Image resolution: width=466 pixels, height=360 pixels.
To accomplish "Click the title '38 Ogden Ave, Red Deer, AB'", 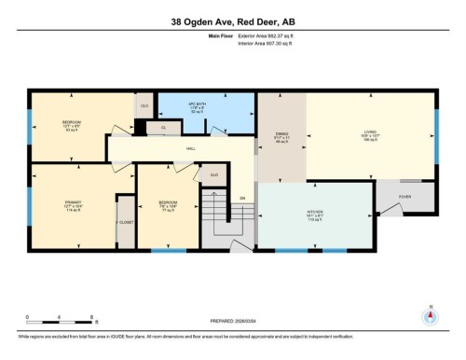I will point(232,21).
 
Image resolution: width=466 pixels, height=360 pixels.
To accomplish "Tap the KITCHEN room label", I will point(315,215).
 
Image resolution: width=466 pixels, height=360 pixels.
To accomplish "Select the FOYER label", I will point(404,197).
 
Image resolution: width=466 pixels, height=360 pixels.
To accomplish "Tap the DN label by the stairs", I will point(242,198).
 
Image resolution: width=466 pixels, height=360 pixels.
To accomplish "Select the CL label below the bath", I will point(164,128).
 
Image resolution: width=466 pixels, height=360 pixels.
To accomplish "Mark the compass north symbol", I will point(430,316).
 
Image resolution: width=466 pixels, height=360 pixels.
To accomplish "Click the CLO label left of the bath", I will point(144,106).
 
